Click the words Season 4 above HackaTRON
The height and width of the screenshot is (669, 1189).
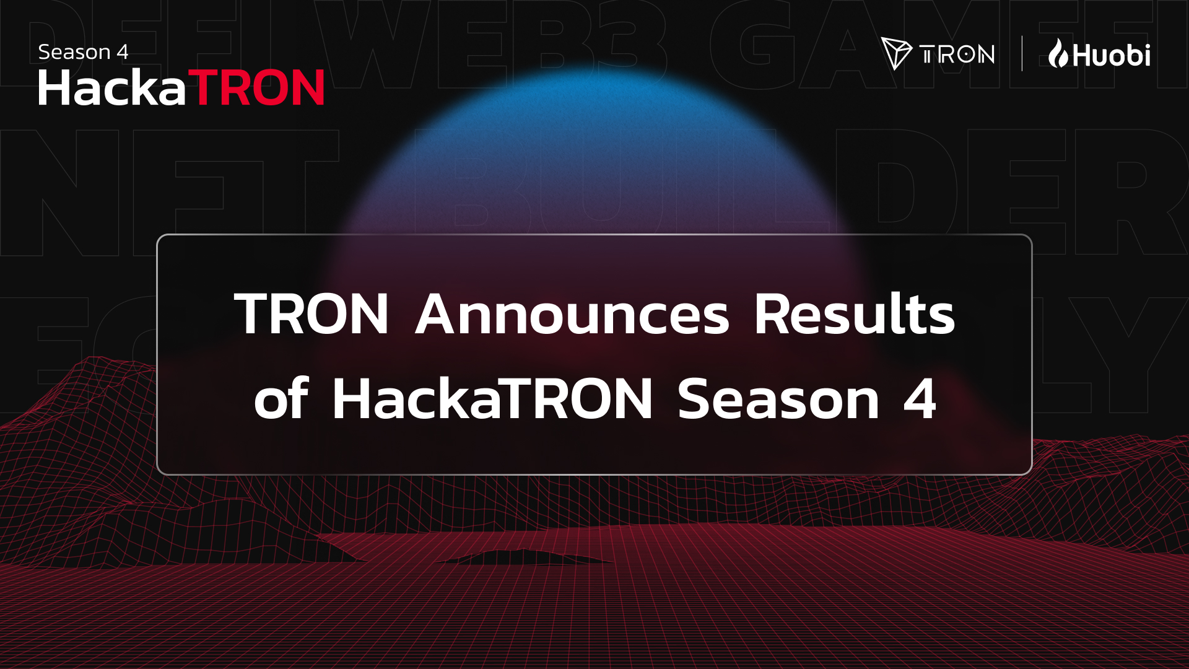click(x=83, y=52)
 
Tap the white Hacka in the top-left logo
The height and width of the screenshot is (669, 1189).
click(x=112, y=88)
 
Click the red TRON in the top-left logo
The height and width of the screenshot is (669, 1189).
click(x=259, y=88)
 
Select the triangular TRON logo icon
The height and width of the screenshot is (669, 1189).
click(x=895, y=53)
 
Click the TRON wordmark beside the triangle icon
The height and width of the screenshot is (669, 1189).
click(x=957, y=55)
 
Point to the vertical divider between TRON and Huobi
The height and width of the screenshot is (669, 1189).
click(x=1022, y=54)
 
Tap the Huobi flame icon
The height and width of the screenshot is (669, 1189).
click(x=1058, y=53)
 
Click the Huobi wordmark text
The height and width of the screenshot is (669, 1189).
click(x=1112, y=56)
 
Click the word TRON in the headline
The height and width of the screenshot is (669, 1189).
click(x=311, y=314)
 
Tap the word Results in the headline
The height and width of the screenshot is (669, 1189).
click(x=854, y=314)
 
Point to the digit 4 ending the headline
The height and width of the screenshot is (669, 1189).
click(x=920, y=398)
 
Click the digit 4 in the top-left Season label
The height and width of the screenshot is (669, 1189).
click(x=123, y=53)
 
